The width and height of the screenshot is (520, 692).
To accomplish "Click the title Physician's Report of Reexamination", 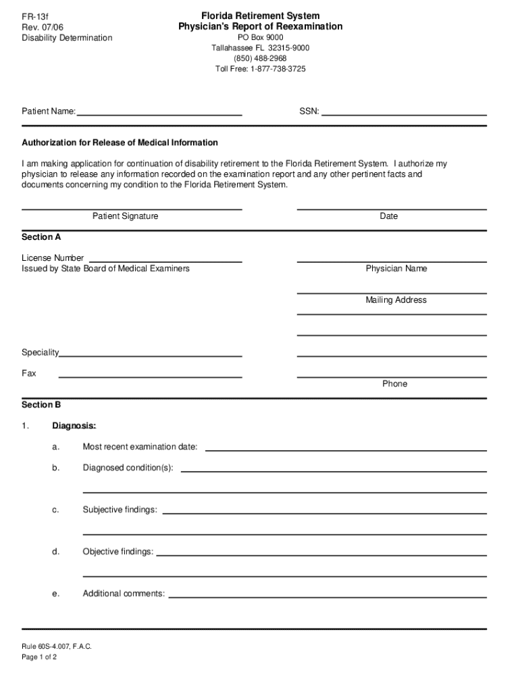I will [x=260, y=26].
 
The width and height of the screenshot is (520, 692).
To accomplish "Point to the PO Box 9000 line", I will [x=260, y=37].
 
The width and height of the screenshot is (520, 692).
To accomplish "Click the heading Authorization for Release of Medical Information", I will [x=120, y=143].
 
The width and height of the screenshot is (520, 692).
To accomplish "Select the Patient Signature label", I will [x=125, y=216].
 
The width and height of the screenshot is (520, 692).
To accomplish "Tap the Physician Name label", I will [x=396, y=269].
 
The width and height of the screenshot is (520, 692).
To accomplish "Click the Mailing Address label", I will [x=396, y=300].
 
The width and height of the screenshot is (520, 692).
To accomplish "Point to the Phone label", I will [x=394, y=384].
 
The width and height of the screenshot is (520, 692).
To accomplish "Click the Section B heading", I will [x=41, y=405].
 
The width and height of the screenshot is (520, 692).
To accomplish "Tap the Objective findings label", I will [x=118, y=552].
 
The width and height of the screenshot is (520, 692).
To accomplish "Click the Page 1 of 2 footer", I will [x=39, y=657].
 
